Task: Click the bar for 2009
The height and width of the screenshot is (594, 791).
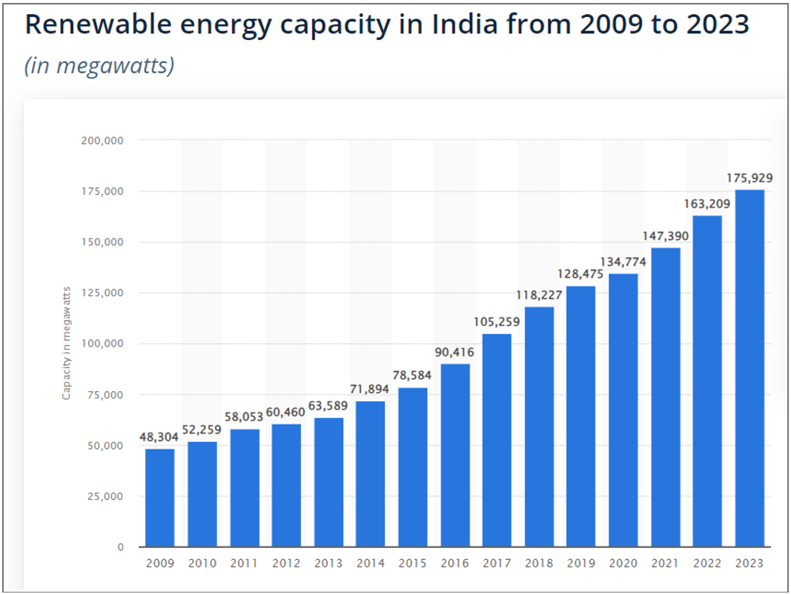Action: (159, 498)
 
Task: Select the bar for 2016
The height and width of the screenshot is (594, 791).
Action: (455, 455)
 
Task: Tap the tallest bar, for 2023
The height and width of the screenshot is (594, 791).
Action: (749, 368)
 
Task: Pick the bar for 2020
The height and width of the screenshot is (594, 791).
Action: (623, 410)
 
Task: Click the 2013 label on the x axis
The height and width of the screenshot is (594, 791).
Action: (328, 564)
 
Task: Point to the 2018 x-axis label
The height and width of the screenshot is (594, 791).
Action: (539, 564)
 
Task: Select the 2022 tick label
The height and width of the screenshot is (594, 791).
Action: (707, 564)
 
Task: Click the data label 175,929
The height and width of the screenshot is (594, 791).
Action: (749, 178)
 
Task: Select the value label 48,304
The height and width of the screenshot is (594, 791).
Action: (159, 437)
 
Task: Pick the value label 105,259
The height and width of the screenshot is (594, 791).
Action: (497, 321)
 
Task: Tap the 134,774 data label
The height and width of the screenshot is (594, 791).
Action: (623, 261)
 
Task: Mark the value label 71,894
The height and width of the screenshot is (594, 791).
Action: (371, 389)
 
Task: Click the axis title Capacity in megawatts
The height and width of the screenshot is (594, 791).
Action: (66, 343)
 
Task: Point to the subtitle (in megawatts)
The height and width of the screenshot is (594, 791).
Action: (99, 65)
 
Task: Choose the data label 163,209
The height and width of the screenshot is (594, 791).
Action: (707, 204)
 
